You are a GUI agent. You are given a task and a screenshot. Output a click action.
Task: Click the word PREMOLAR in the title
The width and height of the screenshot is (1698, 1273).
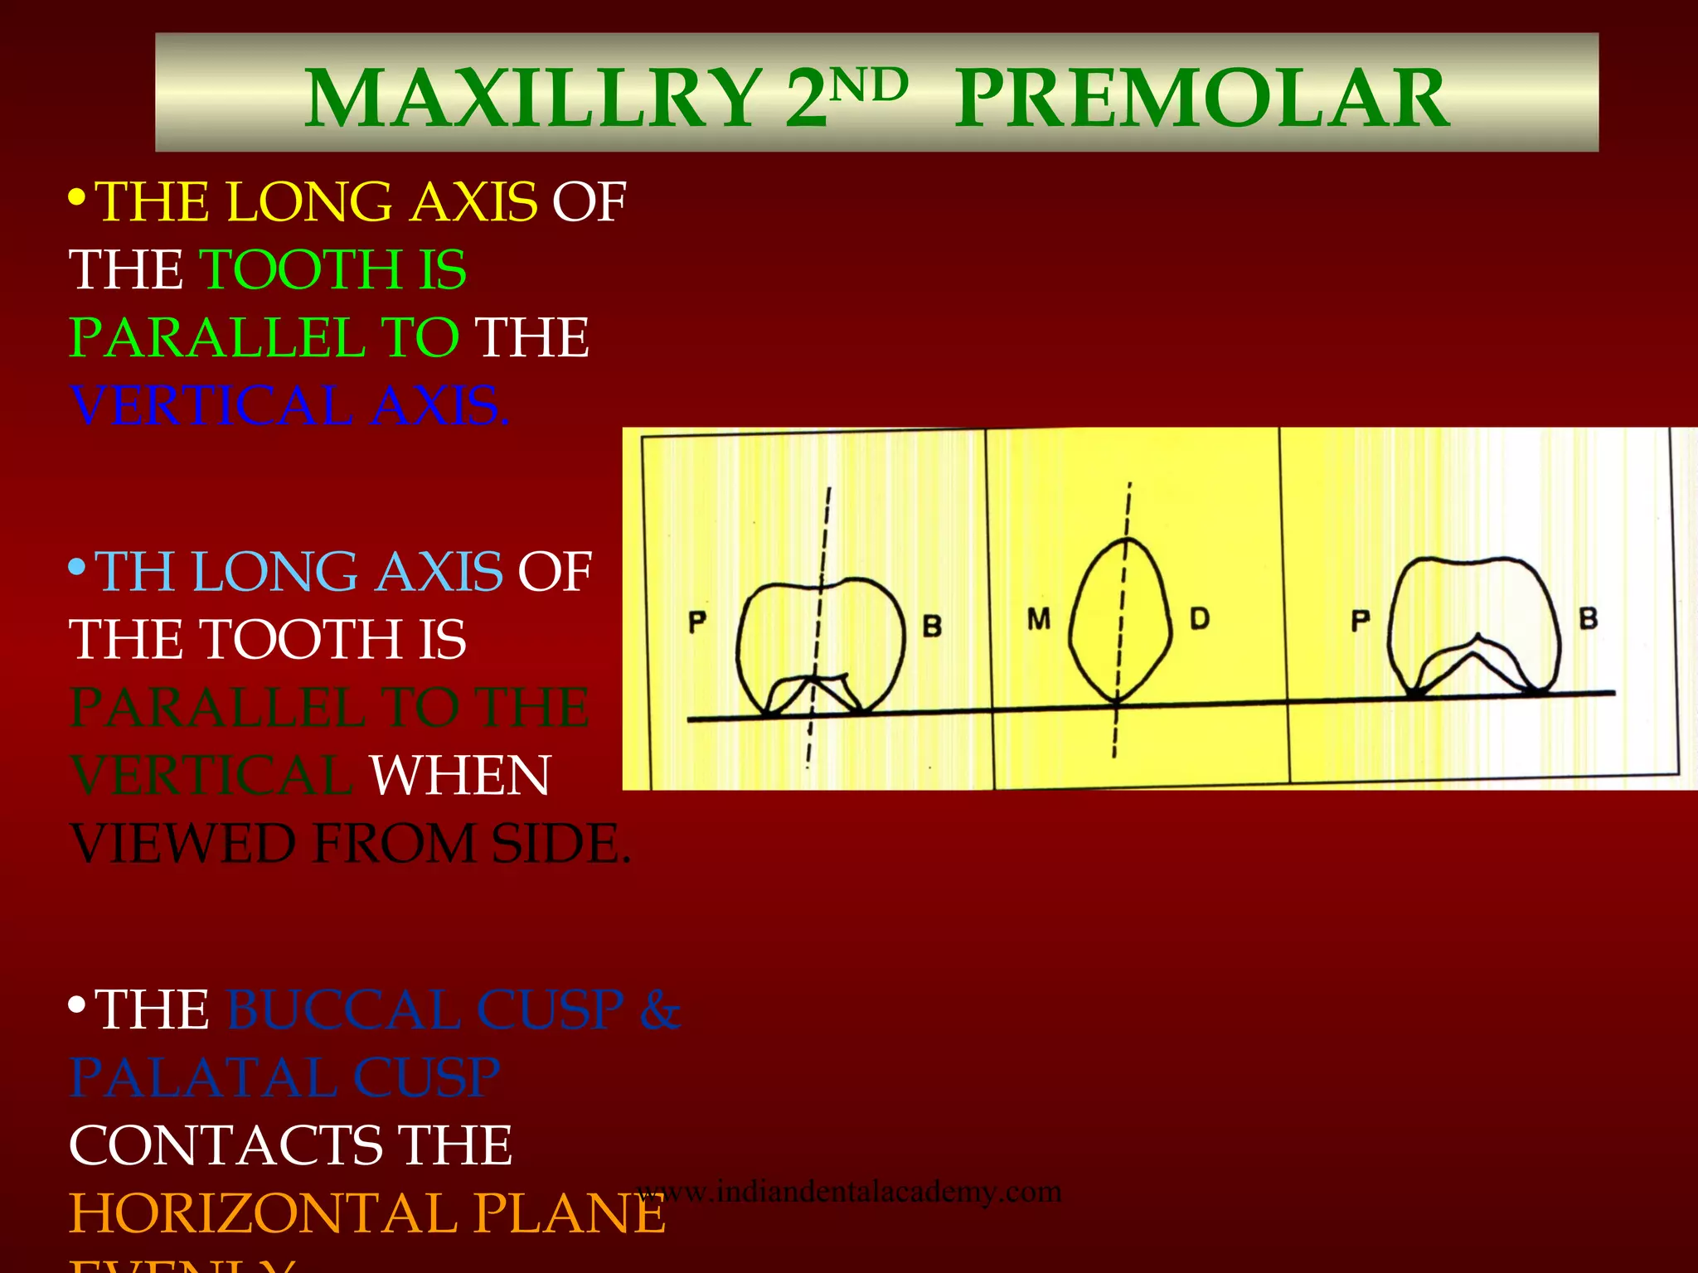tap(1202, 99)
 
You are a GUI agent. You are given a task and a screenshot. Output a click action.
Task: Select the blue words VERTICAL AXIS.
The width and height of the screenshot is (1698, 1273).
tap(289, 407)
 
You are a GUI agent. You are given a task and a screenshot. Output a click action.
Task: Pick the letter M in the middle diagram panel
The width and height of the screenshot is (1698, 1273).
tap(1038, 618)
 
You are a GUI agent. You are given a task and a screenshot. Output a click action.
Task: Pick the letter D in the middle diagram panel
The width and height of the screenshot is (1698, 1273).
tap(1199, 618)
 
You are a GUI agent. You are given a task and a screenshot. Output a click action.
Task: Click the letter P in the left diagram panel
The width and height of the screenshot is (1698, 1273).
tap(697, 622)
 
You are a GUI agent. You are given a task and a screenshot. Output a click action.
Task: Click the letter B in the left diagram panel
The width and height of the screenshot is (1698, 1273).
tap(932, 626)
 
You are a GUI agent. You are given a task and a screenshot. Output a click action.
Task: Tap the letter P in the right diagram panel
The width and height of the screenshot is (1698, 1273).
tap(1361, 620)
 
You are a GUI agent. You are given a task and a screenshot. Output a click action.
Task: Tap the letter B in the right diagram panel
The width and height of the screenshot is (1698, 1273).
tap(1588, 618)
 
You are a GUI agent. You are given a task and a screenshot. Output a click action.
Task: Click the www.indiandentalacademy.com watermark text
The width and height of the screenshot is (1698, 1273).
tap(850, 1192)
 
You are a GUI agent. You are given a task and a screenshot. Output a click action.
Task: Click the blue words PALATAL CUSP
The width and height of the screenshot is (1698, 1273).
tap(284, 1078)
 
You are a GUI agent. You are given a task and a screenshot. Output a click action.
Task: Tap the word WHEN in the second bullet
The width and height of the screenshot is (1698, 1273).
tap(460, 777)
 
